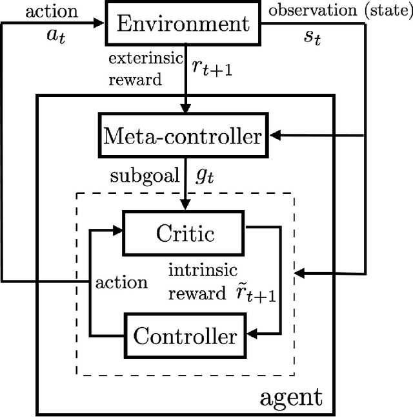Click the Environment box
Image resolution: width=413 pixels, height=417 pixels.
coord(183,25)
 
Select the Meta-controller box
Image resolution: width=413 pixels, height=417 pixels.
coord(183,136)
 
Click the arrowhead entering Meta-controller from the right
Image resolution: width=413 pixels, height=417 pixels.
coord(276,136)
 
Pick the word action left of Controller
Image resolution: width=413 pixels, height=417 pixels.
coord(121,283)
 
